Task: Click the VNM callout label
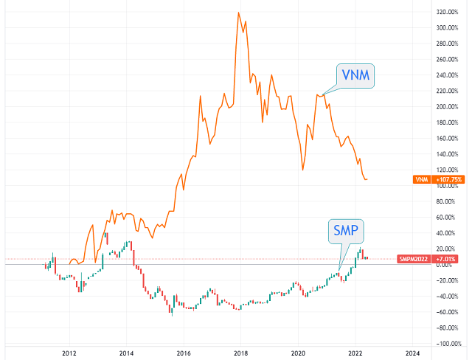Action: pyautogui.click(x=355, y=75)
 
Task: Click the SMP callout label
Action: pyautogui.click(x=346, y=231)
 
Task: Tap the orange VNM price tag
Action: pyautogui.click(x=422, y=180)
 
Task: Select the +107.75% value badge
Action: pyautogui.click(x=448, y=180)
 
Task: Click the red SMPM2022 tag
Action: pyautogui.click(x=414, y=259)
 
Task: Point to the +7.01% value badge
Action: pyautogui.click(x=445, y=259)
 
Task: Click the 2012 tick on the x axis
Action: pyautogui.click(x=69, y=353)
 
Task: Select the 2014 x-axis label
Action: pyautogui.click(x=126, y=353)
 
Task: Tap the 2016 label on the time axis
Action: pyautogui.click(x=184, y=353)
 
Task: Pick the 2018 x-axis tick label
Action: pyautogui.click(x=241, y=353)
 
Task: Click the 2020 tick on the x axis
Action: pyautogui.click(x=298, y=353)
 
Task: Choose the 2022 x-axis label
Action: pyautogui.click(x=355, y=353)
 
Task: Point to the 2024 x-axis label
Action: pyautogui.click(x=412, y=353)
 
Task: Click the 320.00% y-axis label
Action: pyautogui.click(x=448, y=12)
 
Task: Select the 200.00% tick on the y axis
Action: pyautogui.click(x=448, y=107)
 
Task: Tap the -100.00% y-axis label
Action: pyautogui.click(x=448, y=344)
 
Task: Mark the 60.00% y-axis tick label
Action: pyautogui.click(x=445, y=218)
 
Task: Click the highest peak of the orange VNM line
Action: pyautogui.click(x=238, y=13)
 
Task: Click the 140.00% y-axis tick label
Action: pyautogui.click(x=448, y=154)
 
